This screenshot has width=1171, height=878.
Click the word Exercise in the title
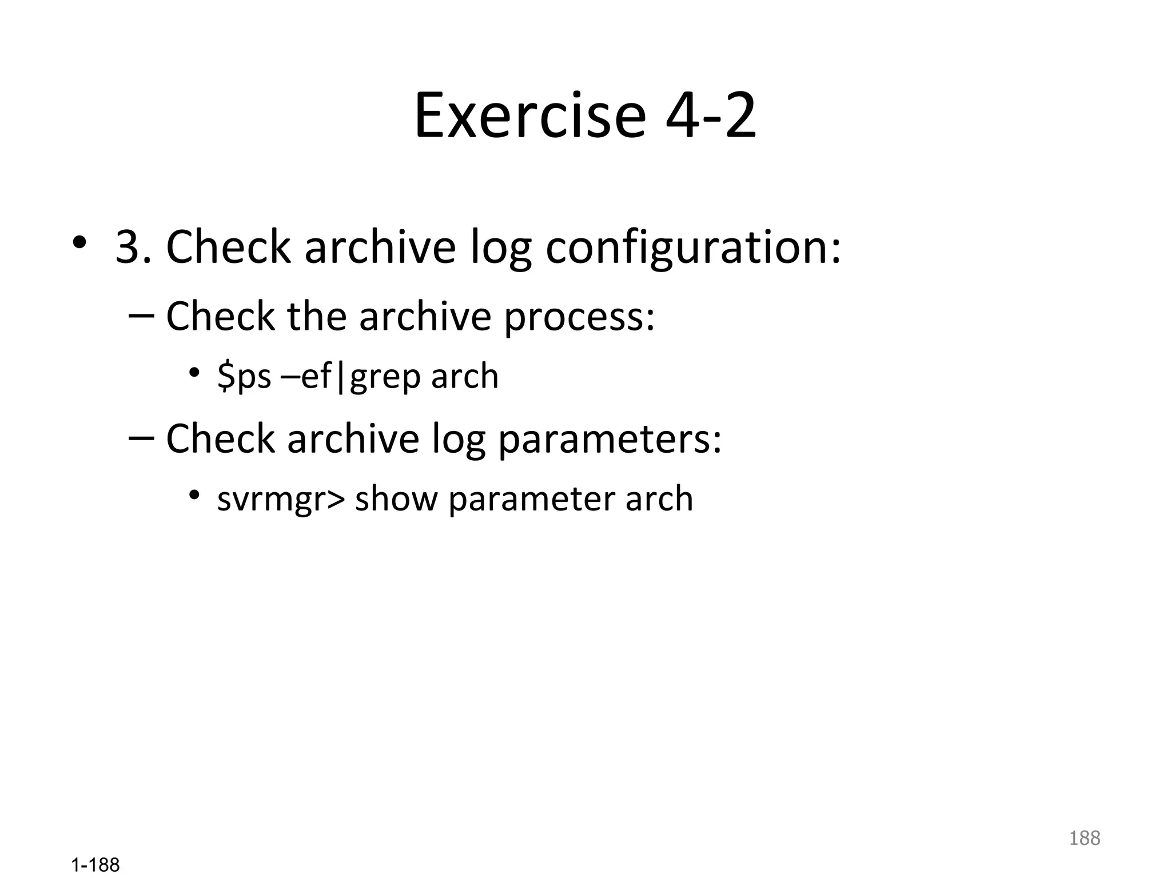coord(529,117)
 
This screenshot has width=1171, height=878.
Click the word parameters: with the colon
coord(610,439)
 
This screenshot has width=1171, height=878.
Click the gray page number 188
coord(1084,838)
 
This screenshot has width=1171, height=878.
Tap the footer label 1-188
coord(95,865)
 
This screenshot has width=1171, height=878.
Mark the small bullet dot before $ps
coord(194,373)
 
